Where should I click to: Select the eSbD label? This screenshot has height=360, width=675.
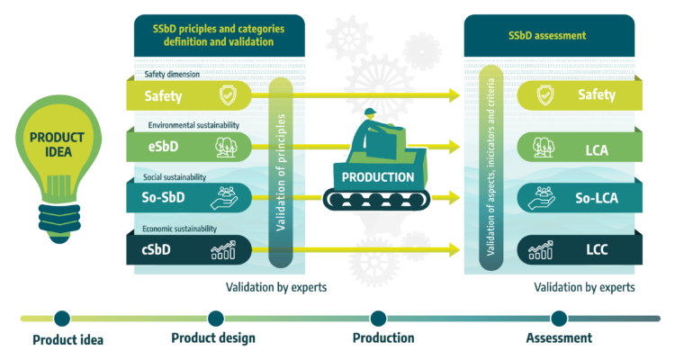pyautogui.click(x=164, y=147)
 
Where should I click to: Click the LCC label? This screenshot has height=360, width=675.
pyautogui.click(x=596, y=249)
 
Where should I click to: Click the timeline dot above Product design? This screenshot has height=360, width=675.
pyautogui.click(x=215, y=318)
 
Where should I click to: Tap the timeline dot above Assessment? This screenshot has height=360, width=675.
pyautogui.click(x=559, y=318)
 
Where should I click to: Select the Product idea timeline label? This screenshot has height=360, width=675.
pyautogui.click(x=67, y=339)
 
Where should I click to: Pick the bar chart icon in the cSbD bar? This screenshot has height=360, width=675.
pyautogui.click(x=223, y=249)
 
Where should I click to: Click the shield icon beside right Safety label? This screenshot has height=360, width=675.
pyautogui.click(x=545, y=94)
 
